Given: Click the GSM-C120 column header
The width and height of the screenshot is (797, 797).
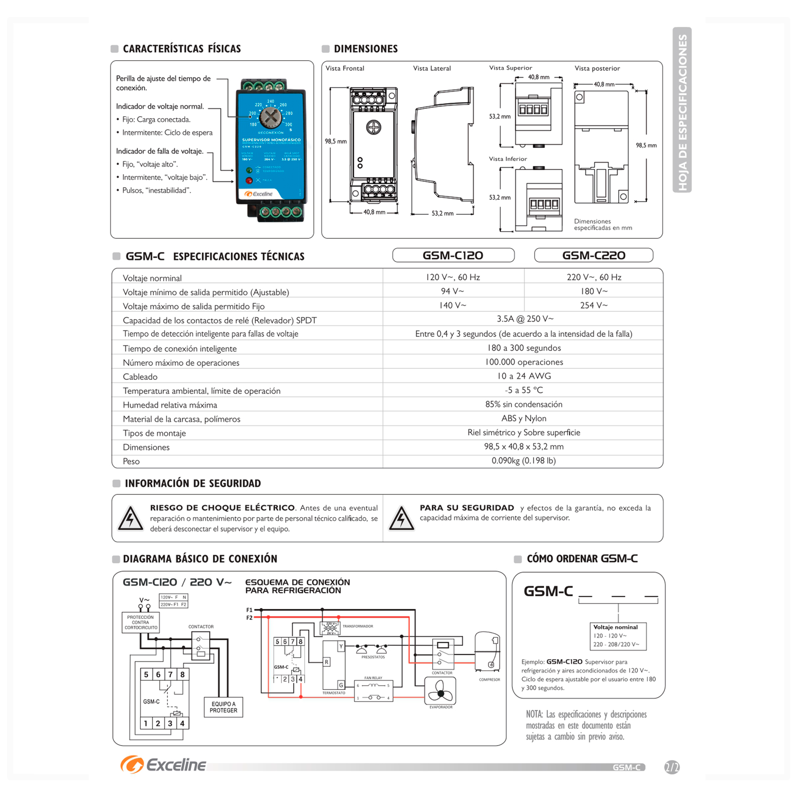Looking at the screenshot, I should (453, 255).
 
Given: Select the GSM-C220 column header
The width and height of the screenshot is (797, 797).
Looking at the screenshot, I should (594, 255).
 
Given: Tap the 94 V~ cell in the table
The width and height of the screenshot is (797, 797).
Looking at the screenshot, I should (452, 291).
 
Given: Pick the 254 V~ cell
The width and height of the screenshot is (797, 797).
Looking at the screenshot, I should (594, 306).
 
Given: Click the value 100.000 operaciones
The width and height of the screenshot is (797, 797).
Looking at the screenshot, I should (524, 362).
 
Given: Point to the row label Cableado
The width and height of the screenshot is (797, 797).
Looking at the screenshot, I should (140, 377).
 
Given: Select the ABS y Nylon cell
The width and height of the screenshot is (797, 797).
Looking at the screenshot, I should (524, 418).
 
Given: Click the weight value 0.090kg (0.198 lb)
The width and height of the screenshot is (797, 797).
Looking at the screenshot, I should (524, 461).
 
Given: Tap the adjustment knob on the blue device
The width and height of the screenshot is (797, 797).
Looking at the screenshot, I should (270, 117).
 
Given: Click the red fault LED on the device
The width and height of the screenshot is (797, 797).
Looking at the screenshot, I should (249, 180).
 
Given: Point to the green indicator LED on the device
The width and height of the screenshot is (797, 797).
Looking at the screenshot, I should (249, 170).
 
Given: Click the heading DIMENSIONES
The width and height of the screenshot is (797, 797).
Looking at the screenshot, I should (366, 49).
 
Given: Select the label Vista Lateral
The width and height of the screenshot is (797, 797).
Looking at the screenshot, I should (432, 68).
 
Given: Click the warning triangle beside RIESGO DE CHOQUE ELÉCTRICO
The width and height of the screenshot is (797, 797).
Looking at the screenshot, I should (130, 519).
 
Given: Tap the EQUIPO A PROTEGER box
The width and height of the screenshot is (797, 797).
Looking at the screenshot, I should (223, 707).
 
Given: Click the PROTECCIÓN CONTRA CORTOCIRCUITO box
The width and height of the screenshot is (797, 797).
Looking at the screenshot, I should (141, 623).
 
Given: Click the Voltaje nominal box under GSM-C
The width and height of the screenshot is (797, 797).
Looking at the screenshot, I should (618, 636).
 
